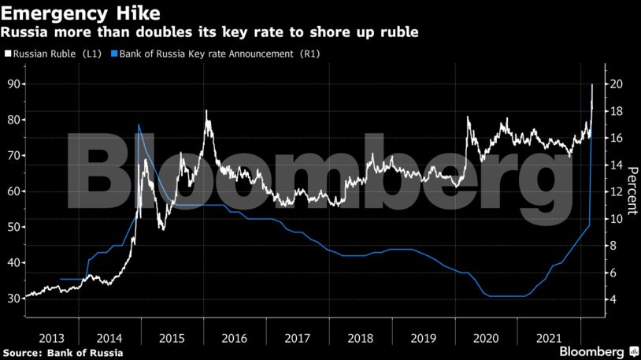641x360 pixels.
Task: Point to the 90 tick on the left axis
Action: coord(13,84)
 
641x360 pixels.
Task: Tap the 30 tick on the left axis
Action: coord(13,299)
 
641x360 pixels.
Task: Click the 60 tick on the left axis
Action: coord(13,191)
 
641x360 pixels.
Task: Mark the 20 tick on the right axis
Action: coord(617,84)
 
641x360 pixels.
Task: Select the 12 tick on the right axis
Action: coord(617,192)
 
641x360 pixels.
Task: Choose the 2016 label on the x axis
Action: coord(234,338)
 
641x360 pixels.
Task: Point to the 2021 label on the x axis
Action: coord(548,338)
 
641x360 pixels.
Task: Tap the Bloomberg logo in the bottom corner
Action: coord(598,351)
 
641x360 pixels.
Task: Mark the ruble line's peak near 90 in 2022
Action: coord(592,84)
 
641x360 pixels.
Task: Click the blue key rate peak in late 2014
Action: coord(139,124)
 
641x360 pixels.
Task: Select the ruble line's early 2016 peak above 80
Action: coord(206,111)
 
